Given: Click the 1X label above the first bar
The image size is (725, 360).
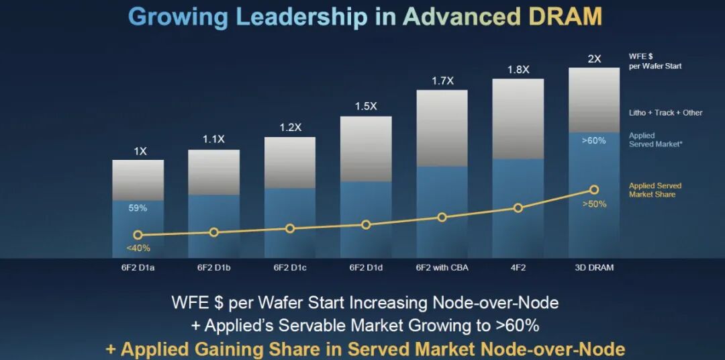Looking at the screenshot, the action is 140,151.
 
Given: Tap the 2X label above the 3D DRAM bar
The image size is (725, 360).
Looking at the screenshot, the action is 594,59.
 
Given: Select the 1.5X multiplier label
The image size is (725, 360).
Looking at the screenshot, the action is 366,106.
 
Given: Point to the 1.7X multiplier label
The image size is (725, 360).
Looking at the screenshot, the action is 442,81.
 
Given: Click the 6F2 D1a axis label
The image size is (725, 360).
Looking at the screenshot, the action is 138,267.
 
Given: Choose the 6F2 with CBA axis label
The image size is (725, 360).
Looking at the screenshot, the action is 442,267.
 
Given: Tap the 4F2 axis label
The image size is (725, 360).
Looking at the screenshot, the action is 518,267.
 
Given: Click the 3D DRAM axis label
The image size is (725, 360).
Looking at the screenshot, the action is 594,267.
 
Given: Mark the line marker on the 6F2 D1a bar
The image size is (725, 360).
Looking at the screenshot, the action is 138,235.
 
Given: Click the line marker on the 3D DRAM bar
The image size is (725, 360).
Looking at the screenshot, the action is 594,189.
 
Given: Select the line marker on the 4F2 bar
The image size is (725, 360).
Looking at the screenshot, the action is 518,208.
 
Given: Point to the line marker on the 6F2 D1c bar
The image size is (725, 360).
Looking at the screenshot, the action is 290,228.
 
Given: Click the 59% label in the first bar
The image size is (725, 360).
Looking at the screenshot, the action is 138,208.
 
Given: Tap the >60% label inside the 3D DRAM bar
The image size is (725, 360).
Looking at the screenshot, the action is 593,140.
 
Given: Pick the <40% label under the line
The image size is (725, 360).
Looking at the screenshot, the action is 138,249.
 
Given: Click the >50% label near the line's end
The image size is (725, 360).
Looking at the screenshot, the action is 595,204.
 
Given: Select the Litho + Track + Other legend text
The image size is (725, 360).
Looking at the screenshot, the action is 665,113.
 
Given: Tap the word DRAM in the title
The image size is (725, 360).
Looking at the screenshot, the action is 564,17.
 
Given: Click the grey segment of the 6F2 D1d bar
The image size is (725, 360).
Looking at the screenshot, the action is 366,148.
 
